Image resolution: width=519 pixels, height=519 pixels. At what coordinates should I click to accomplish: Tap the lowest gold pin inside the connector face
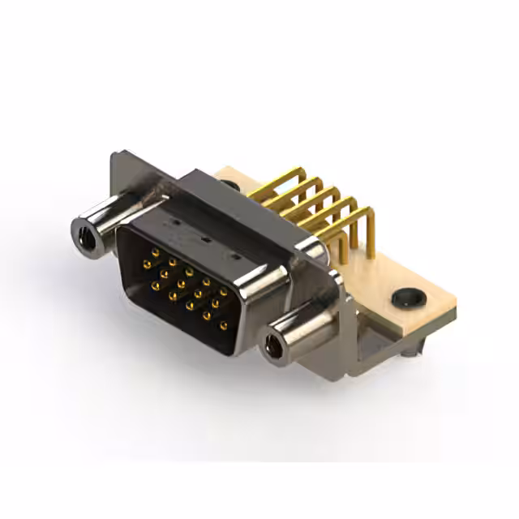coord(224,325)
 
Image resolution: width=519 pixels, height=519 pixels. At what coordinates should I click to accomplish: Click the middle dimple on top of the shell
coord(204,240)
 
